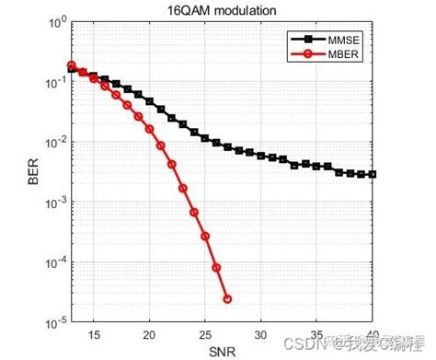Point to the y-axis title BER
point(34,171)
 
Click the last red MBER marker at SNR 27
point(227,298)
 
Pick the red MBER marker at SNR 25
point(205,237)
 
